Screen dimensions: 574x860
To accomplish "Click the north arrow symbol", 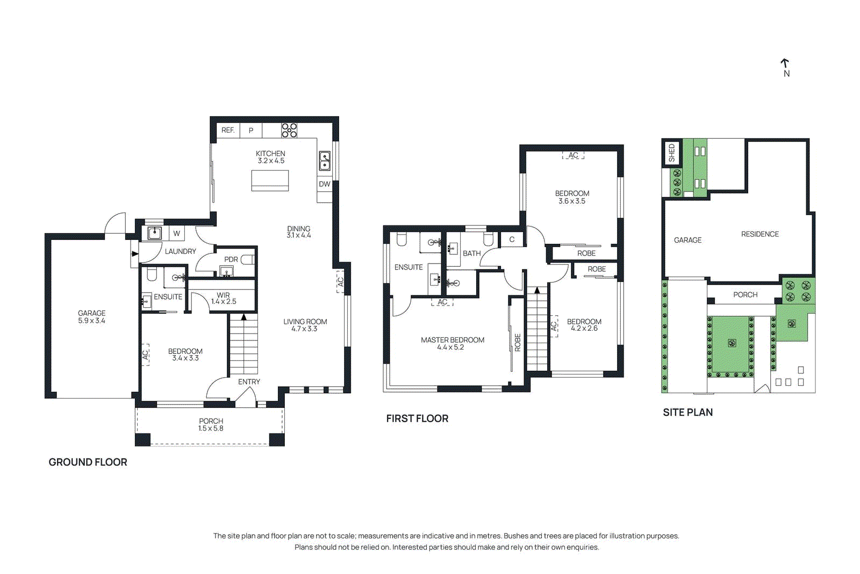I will pos(785,64).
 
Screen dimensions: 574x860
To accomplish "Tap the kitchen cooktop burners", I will pos(289,130).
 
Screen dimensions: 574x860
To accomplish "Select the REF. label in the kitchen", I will pos(228,130).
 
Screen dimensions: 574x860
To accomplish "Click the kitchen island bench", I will pos(270,180).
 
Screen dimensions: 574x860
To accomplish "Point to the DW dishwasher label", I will pos(325,184).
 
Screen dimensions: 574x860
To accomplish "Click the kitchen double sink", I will pos(325,160).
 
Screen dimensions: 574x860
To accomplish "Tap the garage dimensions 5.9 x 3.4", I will pos(91,321).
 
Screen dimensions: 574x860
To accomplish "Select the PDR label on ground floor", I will pos(231,259).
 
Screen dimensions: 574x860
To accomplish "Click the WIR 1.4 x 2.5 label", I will pos(224,299).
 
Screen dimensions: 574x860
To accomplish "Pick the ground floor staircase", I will pos(243,344).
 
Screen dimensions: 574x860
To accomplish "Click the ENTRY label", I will pos(249,381).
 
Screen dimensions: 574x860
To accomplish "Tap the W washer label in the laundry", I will pos(176,233).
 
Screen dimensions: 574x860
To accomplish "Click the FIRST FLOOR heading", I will pos(417,419).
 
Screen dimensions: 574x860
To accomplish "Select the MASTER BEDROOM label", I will pos(453,340).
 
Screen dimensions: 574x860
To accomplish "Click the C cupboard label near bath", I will pos(512,239).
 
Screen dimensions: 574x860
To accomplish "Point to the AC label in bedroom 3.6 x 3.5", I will pos(573,155).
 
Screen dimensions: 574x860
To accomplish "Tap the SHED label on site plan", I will pos(671,153).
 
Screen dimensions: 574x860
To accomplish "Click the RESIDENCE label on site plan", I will pos(759,234).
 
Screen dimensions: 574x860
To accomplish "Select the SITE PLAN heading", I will pos(687,412).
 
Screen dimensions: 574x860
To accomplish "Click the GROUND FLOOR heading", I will pos(88,462).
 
